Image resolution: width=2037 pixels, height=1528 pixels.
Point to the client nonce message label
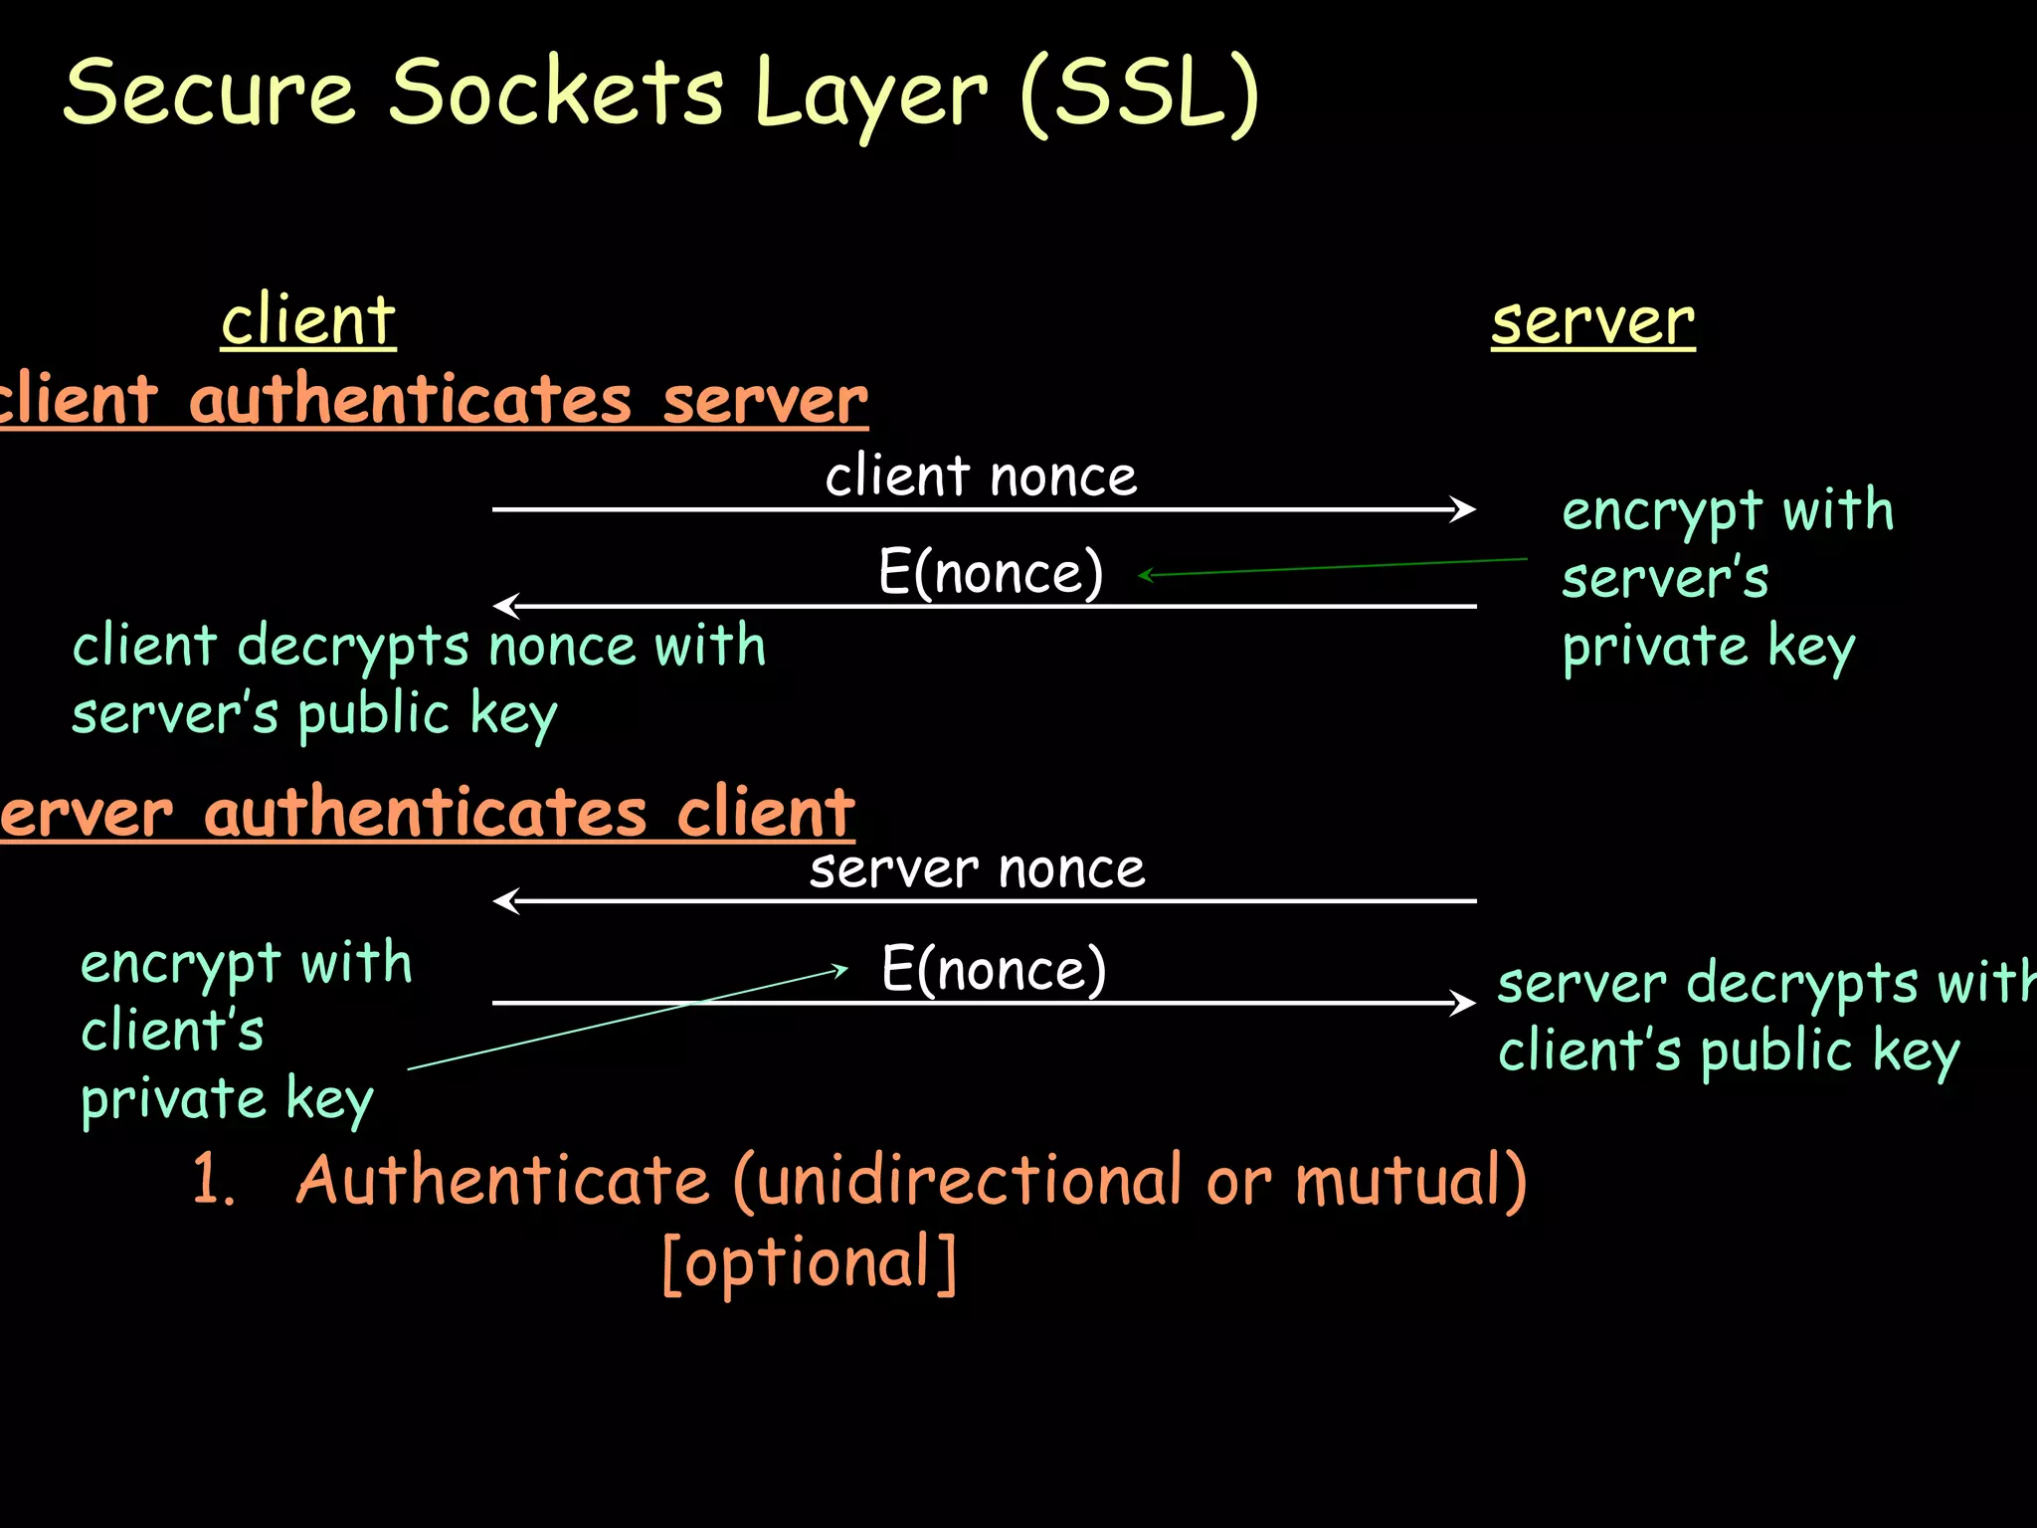point(981,476)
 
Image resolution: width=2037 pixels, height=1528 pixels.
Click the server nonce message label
point(977,869)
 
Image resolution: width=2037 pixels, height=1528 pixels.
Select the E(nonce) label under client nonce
point(991,572)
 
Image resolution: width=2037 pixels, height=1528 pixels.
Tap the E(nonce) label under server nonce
point(994,969)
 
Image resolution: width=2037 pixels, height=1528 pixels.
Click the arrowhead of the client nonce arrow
point(1464,509)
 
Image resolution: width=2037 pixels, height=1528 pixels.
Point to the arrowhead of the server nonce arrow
point(504,901)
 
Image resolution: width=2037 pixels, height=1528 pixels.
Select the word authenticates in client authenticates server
point(410,400)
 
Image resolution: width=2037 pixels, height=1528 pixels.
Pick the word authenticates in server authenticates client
point(425,813)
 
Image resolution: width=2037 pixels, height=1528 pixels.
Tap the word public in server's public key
point(374,714)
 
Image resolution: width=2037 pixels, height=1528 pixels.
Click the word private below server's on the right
point(1654,648)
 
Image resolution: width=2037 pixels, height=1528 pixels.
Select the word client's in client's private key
point(172,1031)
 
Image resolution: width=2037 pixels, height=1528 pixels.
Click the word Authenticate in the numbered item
point(502,1180)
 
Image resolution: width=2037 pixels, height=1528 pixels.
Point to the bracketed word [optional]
point(810,1262)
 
